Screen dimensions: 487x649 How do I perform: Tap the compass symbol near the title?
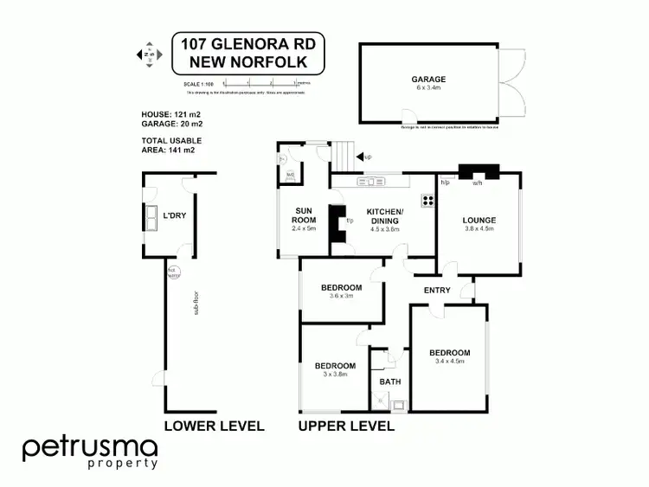(147, 54)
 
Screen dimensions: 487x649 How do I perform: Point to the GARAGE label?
(428, 80)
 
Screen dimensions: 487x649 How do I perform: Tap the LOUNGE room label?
(478, 220)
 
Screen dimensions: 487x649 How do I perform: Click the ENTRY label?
(437, 290)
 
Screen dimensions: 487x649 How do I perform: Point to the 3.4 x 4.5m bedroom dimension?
(450, 362)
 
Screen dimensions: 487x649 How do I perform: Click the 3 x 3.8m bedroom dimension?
(334, 375)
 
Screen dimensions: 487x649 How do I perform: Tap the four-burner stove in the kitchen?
(427, 201)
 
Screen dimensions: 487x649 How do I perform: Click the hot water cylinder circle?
(172, 271)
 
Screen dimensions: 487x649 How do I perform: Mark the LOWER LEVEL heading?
(214, 426)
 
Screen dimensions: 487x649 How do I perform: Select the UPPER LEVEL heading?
(346, 426)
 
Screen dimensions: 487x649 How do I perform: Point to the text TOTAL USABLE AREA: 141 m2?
(169, 145)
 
